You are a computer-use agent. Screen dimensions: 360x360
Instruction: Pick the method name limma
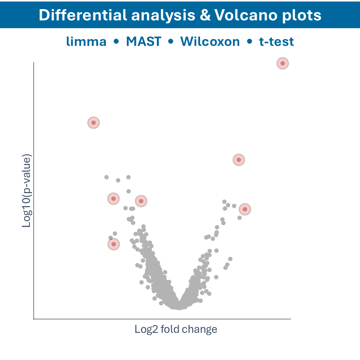tap(86, 41)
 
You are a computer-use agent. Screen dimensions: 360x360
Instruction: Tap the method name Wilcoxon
tap(210, 41)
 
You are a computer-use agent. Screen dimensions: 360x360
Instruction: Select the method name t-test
tap(277, 41)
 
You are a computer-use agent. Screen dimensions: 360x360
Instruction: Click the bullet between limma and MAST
tap(116, 42)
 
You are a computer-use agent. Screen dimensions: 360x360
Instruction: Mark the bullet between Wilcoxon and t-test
tap(250, 42)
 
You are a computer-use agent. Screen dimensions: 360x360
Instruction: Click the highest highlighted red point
tap(282, 63)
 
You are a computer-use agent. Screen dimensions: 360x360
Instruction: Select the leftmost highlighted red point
tap(93, 123)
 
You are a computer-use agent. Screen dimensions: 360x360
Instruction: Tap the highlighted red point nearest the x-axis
tap(114, 244)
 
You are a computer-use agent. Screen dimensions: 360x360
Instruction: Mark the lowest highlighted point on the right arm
tap(245, 209)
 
